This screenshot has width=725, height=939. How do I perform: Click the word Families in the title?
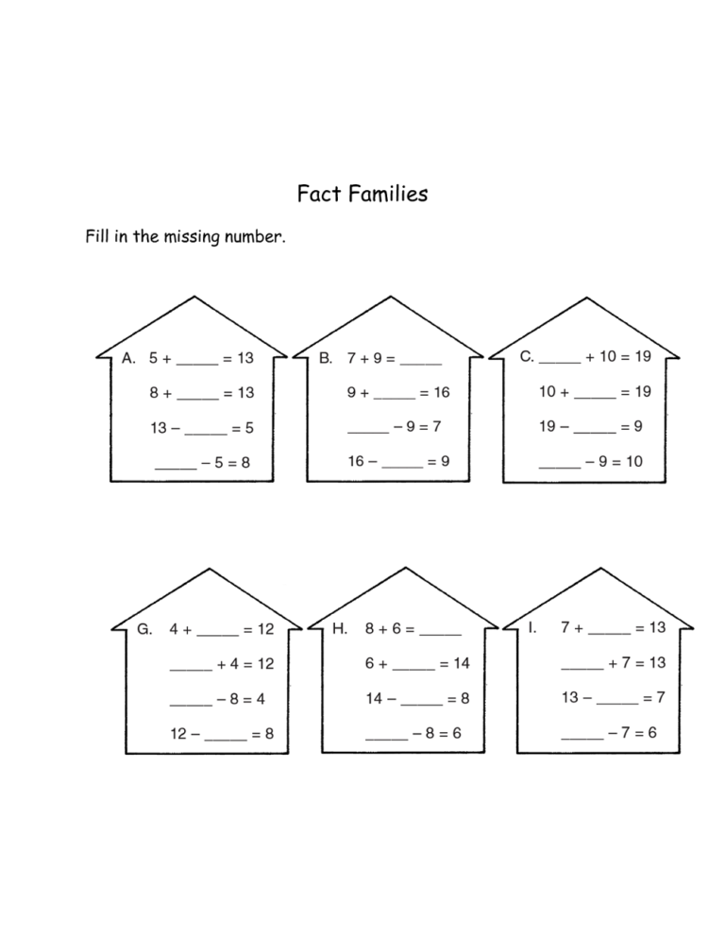pyautogui.click(x=388, y=194)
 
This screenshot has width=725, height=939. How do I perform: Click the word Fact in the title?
pyautogui.click(x=320, y=194)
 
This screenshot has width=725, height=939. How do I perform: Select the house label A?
pyautogui.click(x=128, y=358)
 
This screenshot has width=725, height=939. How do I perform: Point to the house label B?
pyautogui.click(x=326, y=358)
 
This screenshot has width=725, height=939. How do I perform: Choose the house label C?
pyautogui.click(x=527, y=357)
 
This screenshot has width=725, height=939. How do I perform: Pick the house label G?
pyautogui.click(x=144, y=629)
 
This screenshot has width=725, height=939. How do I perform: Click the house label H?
pyautogui.click(x=340, y=628)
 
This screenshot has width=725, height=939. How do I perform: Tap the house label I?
pyautogui.click(x=531, y=627)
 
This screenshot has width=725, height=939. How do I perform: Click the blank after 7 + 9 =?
pyautogui.click(x=421, y=364)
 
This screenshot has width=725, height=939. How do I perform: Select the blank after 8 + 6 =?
pyautogui.click(x=441, y=634)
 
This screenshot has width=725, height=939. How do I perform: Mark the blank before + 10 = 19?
pyautogui.click(x=560, y=363)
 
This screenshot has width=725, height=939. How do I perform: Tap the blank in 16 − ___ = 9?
pyautogui.click(x=402, y=467)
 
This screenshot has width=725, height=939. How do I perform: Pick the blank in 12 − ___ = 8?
pyautogui.click(x=226, y=740)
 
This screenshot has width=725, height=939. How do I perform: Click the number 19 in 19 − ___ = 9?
pyautogui.click(x=548, y=426)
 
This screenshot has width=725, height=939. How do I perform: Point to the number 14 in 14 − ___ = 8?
pyautogui.click(x=374, y=698)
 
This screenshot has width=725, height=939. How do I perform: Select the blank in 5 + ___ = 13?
pyautogui.click(x=197, y=364)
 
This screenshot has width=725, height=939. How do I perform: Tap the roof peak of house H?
pyautogui.click(x=406, y=568)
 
